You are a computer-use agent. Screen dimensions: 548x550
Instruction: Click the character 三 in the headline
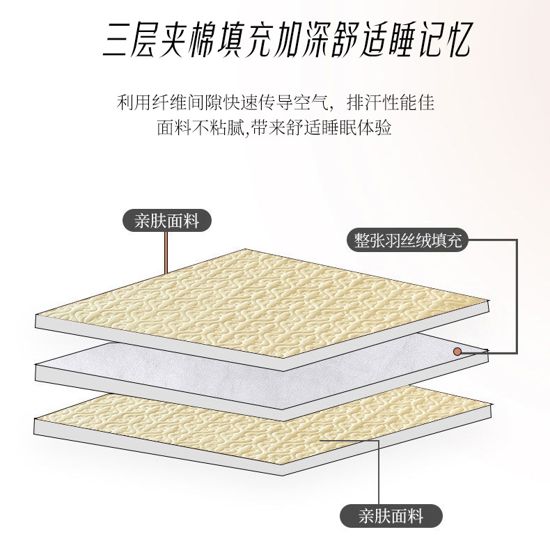click(120, 40)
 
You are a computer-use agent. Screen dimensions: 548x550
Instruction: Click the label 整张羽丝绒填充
click(408, 241)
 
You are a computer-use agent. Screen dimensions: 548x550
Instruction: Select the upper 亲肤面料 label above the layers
click(167, 221)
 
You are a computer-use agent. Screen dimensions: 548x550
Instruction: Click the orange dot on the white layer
click(457, 352)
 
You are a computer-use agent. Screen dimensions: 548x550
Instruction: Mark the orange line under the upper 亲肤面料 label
click(166, 251)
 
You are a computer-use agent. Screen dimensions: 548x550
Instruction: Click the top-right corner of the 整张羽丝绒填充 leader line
click(517, 241)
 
